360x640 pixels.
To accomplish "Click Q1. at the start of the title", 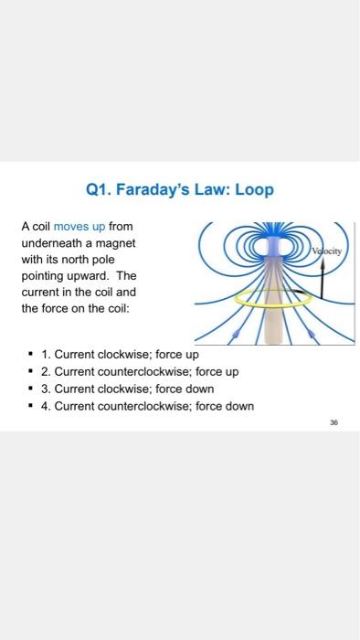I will (100, 191).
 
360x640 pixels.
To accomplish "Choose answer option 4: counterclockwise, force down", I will (148, 406).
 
